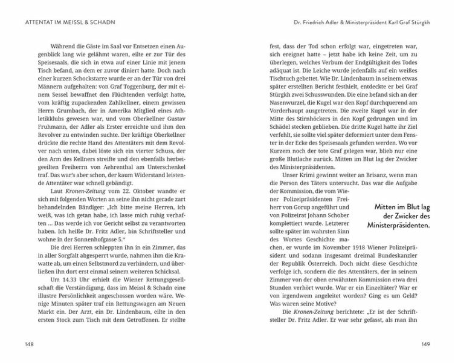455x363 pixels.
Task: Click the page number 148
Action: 26,344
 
